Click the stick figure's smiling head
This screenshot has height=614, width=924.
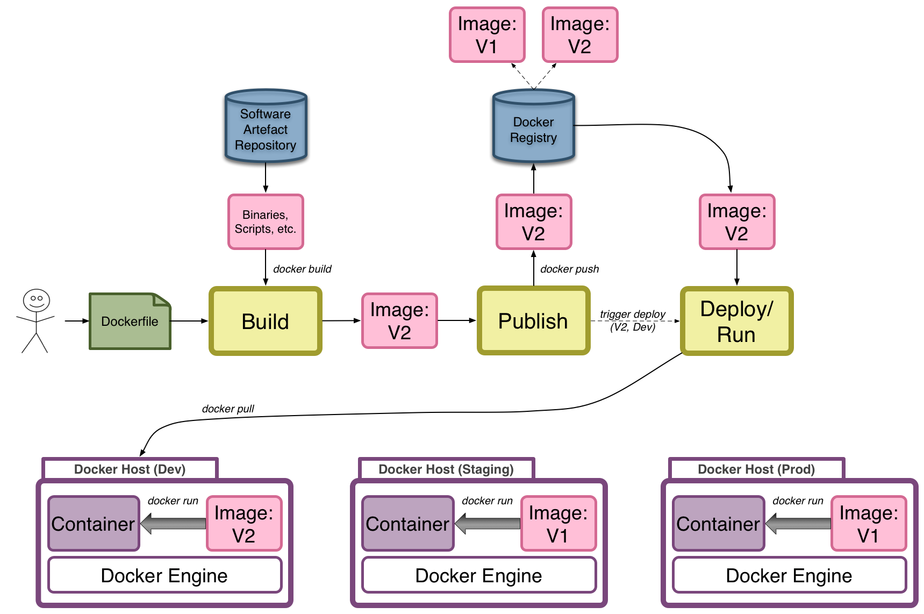[x=37, y=300]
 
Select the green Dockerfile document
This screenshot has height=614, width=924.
[x=130, y=322]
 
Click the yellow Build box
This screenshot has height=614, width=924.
[x=266, y=322]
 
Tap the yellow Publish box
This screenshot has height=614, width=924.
[x=533, y=321]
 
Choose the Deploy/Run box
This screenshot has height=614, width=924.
[x=736, y=321]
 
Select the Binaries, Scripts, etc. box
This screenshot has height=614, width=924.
[x=266, y=222]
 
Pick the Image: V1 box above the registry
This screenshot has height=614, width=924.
[x=487, y=35]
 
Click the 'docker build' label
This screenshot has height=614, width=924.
[x=302, y=269]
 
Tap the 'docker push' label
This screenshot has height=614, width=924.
[x=569, y=269]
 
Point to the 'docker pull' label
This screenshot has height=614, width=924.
[x=228, y=409]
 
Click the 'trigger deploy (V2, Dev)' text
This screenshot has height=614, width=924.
[x=633, y=320]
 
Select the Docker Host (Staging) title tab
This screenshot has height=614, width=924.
[x=446, y=469]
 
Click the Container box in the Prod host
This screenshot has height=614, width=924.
[x=718, y=524]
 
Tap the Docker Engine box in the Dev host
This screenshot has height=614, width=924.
[x=164, y=575]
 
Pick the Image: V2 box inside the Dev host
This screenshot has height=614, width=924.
[x=244, y=524]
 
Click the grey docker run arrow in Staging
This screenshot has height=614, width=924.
[x=488, y=523]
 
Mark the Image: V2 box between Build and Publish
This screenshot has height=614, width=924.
[x=399, y=321]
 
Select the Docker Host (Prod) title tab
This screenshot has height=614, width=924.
[x=756, y=469]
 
